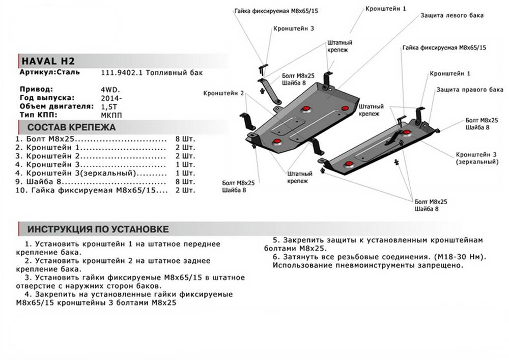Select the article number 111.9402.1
[122, 73]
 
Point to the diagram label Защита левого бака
[451, 15]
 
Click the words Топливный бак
[174, 73]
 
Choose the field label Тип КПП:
[41, 115]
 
